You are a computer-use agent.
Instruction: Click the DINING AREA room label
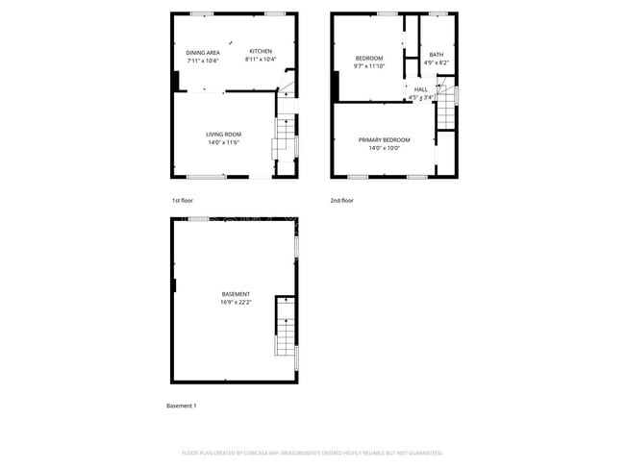coord(203,52)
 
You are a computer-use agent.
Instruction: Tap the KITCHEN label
coord(261,51)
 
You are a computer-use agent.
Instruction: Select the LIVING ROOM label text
coord(223,134)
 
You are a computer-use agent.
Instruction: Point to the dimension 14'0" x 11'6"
coord(223,142)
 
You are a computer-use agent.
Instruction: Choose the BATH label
coord(437,55)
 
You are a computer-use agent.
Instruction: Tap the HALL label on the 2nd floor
coord(421,89)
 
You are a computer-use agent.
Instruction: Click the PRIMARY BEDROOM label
coord(385,140)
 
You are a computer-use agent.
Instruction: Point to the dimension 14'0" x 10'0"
coord(385,148)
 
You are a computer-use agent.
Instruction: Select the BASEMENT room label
coord(236,294)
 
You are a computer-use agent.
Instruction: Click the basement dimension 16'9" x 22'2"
coord(236,303)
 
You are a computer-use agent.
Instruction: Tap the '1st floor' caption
coord(183,201)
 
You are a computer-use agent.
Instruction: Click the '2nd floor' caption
coord(341,201)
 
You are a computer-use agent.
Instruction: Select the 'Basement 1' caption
coord(182,407)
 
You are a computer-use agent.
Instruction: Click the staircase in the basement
coord(286,327)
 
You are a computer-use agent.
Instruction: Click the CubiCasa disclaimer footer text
coord(312,452)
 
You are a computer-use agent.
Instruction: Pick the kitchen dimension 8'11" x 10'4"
coord(261,61)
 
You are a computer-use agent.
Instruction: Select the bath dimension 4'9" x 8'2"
coord(437,63)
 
